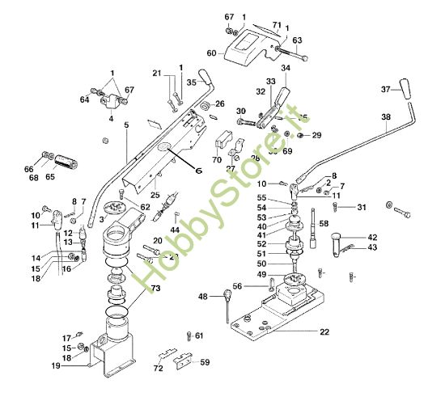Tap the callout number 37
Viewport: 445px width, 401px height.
(x=385, y=89)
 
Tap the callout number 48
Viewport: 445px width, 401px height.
(x=202, y=296)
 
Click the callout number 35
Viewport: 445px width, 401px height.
(x=191, y=81)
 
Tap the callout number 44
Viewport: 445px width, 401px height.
(x=176, y=230)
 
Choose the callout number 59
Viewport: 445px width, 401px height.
(x=205, y=362)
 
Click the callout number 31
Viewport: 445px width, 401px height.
(x=362, y=207)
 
